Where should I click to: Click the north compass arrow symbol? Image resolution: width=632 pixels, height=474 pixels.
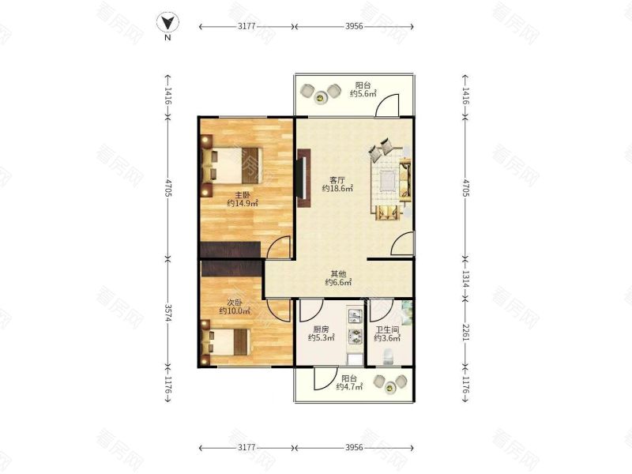click(x=167, y=23)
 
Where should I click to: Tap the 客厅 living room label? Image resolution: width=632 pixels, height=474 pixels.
click(x=337, y=180)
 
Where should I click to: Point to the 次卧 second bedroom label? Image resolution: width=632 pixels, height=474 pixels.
click(x=234, y=303)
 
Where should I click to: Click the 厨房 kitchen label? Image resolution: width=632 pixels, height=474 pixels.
click(x=321, y=329)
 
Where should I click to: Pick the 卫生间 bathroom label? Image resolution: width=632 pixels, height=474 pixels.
click(x=387, y=329)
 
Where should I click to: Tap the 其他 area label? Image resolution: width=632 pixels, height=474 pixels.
click(x=338, y=274)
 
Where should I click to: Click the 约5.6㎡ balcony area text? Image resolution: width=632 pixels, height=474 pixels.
click(x=363, y=93)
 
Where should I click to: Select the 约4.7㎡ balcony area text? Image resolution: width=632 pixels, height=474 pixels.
click(x=349, y=387)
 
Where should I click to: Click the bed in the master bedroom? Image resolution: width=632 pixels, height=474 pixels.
click(x=231, y=166)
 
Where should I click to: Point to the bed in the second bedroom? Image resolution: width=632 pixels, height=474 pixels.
click(x=226, y=342)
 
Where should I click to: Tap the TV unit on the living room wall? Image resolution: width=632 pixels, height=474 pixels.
click(x=303, y=179)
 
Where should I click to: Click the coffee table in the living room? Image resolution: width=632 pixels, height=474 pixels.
click(x=388, y=180)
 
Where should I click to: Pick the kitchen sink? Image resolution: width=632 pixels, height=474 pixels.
click(x=354, y=315)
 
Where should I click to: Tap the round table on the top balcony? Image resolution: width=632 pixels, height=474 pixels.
click(x=321, y=97)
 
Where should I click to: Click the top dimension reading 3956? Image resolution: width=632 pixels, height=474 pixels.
click(x=354, y=26)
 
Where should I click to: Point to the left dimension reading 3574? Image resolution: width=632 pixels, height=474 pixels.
click(x=167, y=310)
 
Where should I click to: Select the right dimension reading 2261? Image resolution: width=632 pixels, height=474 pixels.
click(x=465, y=333)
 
